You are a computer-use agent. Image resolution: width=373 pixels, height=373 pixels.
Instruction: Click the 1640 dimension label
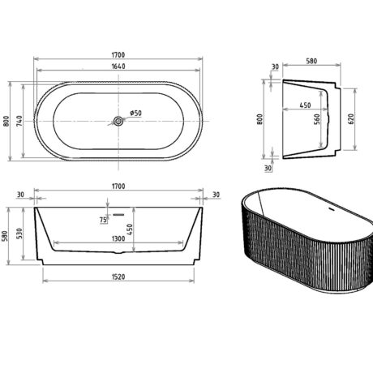(x=118, y=66)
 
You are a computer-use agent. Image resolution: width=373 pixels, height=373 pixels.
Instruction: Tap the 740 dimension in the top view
(x=19, y=121)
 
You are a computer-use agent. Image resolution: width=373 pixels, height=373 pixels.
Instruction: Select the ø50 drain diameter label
(x=135, y=113)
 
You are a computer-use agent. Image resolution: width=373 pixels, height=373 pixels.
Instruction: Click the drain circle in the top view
(x=118, y=121)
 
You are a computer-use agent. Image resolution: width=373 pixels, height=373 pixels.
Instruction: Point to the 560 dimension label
(x=317, y=119)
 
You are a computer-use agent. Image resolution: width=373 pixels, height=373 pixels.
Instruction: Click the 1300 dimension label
(x=118, y=238)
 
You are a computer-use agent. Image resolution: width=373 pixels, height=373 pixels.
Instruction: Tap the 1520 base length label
(x=118, y=277)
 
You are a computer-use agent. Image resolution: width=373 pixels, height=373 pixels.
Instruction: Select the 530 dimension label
(x=19, y=234)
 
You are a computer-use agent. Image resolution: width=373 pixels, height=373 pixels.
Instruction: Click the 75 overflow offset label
(x=103, y=220)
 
